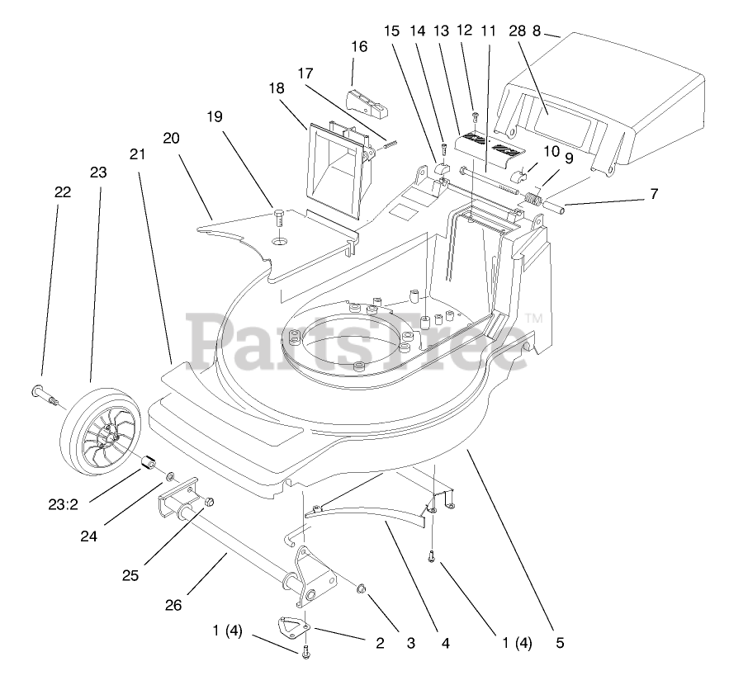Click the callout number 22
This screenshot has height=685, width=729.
[63, 192]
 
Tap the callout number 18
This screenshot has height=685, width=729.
[277, 88]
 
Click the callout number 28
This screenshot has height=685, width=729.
[518, 31]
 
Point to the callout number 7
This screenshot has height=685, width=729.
[654, 195]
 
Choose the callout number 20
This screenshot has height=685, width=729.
[171, 138]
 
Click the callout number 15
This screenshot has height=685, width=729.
[391, 31]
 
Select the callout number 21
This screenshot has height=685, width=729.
[138, 154]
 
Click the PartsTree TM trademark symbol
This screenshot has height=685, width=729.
[533, 318]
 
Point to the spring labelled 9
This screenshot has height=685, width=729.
[533, 199]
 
